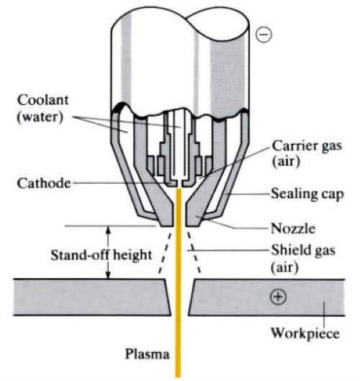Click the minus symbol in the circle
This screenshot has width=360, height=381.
(264, 35)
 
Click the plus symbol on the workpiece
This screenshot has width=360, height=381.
(278, 297)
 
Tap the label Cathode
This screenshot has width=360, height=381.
(44, 183)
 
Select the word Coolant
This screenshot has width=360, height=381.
(43, 100)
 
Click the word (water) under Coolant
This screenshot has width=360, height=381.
(40, 117)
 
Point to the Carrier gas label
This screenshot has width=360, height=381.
(307, 146)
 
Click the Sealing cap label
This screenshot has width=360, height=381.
(307, 194)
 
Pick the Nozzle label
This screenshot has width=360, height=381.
(293, 228)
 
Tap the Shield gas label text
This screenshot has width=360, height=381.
(303, 250)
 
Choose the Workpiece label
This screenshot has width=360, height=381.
(305, 333)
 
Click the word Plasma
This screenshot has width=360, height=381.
(147, 354)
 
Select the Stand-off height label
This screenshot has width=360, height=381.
(101, 256)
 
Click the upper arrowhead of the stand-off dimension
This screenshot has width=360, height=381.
(109, 229)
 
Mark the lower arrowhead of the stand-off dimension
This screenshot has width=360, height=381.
(109, 275)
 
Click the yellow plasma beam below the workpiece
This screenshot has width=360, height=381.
(179, 346)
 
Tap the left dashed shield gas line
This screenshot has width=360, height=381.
(165, 253)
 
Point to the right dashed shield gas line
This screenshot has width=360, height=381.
(194, 253)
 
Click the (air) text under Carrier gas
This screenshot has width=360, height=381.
(286, 161)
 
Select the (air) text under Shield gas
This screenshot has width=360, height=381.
(284, 268)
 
